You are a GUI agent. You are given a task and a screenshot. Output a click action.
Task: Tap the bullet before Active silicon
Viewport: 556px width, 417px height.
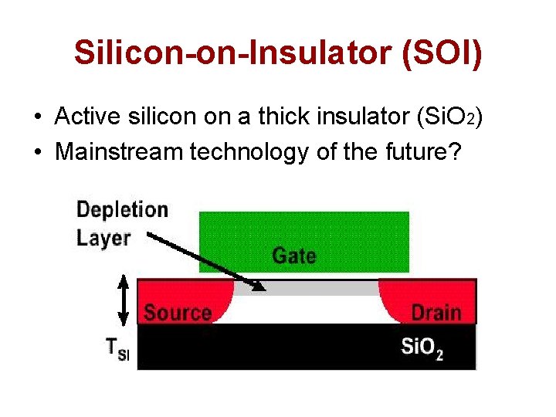point(38,117)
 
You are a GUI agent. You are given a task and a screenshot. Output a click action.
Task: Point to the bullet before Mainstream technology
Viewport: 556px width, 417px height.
point(38,152)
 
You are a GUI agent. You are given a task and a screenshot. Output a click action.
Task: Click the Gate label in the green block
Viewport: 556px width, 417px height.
point(293,256)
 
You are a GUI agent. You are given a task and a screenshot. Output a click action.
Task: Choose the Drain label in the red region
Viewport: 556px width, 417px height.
point(436,313)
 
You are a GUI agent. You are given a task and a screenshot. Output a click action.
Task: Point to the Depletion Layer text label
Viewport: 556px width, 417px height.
point(120,223)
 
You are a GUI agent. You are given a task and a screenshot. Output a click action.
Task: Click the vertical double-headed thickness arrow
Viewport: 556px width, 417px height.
point(121,300)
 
